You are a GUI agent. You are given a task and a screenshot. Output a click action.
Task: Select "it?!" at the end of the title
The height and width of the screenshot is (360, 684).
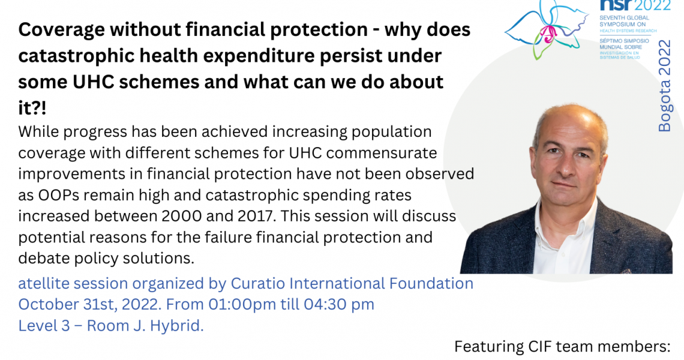(32, 108)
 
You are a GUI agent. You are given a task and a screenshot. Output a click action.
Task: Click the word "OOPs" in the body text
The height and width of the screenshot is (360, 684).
(59, 195)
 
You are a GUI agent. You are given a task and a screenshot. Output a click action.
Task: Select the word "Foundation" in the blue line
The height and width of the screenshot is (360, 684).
(431, 284)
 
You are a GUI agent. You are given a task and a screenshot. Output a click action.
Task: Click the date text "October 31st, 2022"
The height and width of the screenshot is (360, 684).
(89, 305)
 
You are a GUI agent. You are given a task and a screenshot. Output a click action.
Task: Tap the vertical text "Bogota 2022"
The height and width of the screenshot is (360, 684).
(664, 86)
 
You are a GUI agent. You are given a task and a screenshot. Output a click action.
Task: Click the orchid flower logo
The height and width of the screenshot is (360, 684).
(547, 29)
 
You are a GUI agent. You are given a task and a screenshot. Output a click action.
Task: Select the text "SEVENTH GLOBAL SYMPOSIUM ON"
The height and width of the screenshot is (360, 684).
(624, 21)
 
